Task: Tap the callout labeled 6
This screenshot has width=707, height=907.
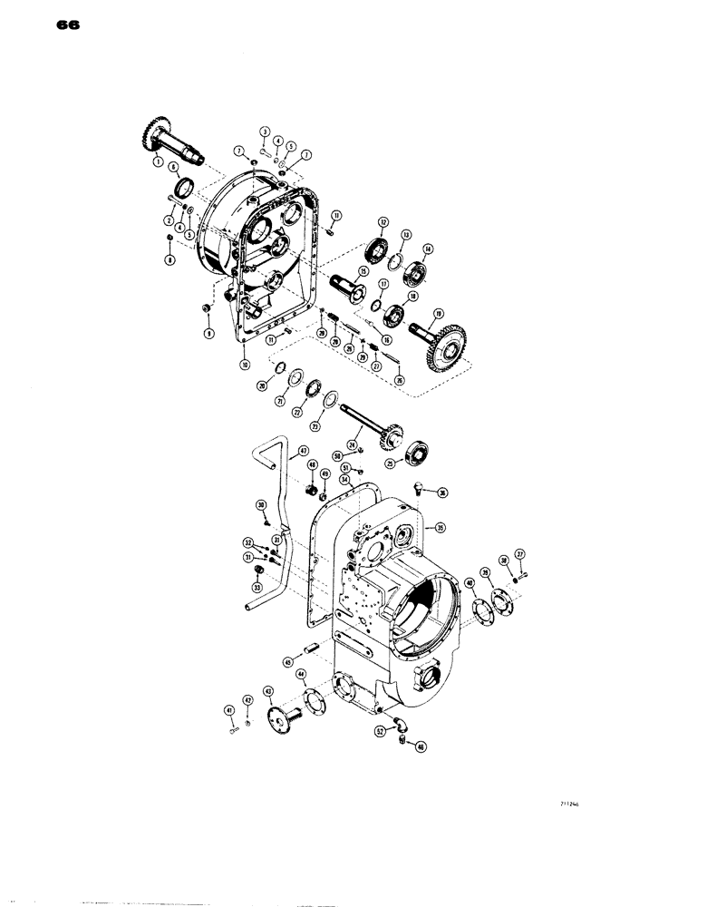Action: click(x=173, y=168)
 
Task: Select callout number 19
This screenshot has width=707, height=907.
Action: click(x=438, y=315)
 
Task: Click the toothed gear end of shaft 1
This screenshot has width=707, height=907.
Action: click(x=156, y=135)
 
